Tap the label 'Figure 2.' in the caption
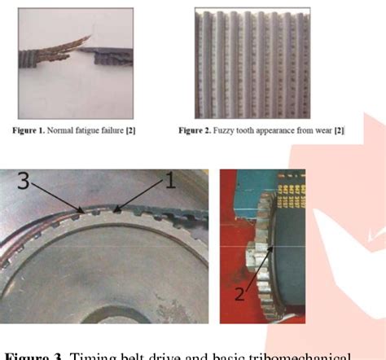coord(203,128)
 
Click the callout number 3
coord(24,184)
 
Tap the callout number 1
coord(170,184)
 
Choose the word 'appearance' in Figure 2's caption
coord(286,128)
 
